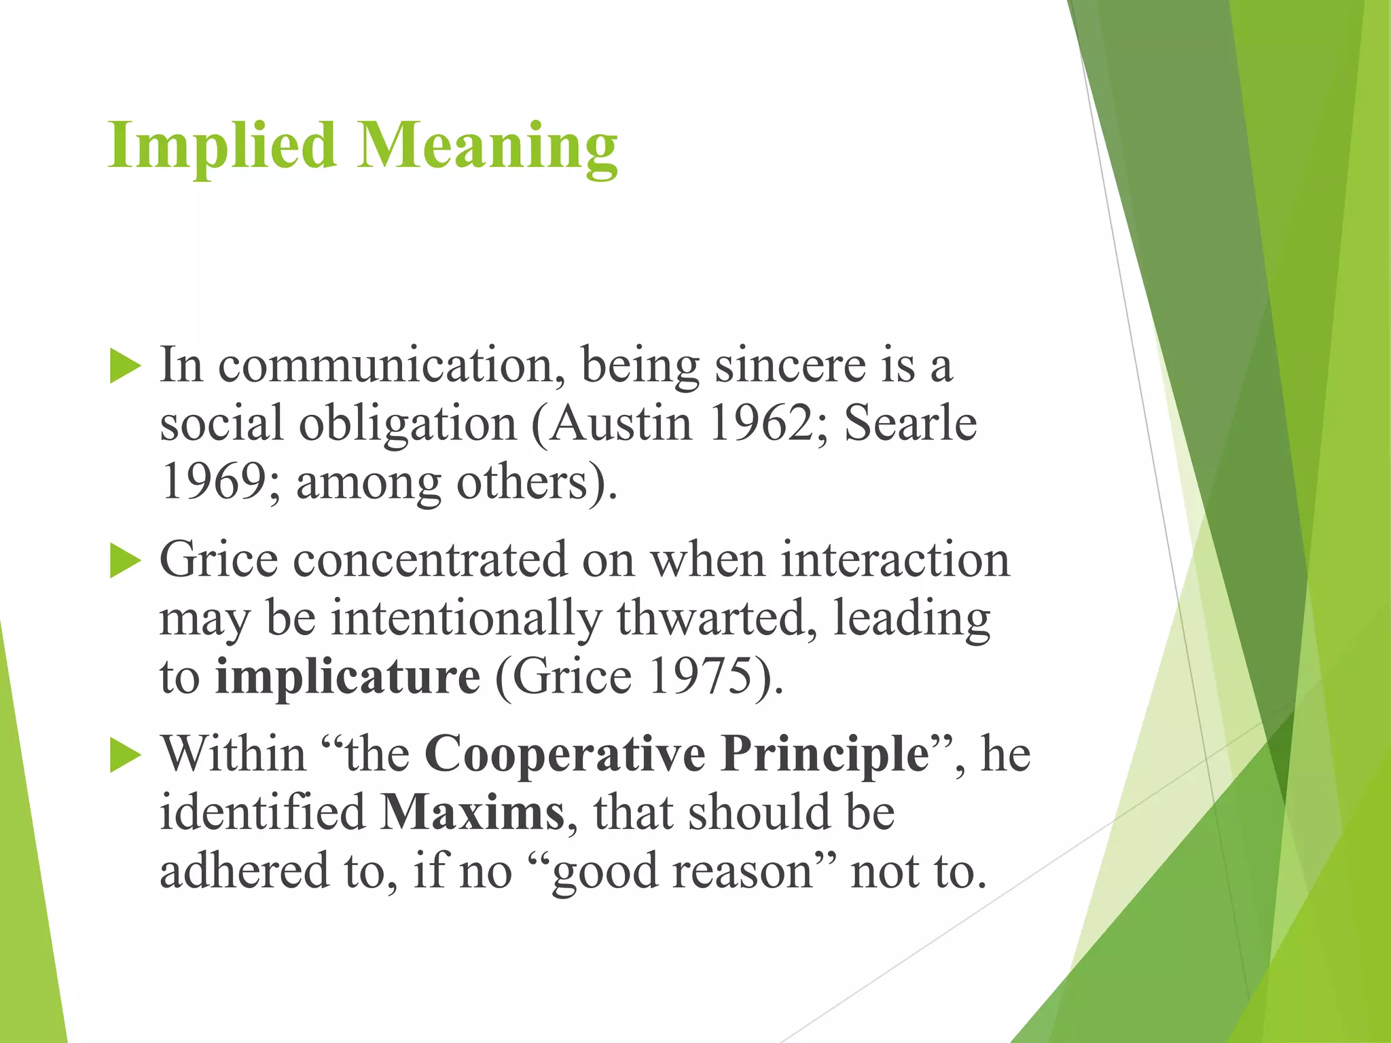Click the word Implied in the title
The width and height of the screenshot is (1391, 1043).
pyautogui.click(x=221, y=146)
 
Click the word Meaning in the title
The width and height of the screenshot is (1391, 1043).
pyautogui.click(x=487, y=146)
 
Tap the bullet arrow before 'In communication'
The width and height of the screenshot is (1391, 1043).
pyautogui.click(x=125, y=367)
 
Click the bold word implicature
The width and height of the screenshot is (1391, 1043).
pyautogui.click(x=348, y=678)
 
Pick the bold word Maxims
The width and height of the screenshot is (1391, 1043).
pyautogui.click(x=472, y=813)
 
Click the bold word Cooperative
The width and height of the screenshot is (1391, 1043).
pyautogui.click(x=565, y=755)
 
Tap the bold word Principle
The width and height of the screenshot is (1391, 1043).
pyautogui.click(x=825, y=755)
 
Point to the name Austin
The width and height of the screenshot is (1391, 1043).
pyautogui.click(x=621, y=424)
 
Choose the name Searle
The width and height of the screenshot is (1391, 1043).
pyautogui.click(x=910, y=424)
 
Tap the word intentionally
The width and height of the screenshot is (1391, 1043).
pyautogui.click(x=466, y=619)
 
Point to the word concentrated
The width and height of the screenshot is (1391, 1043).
pyautogui.click(x=430, y=561)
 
